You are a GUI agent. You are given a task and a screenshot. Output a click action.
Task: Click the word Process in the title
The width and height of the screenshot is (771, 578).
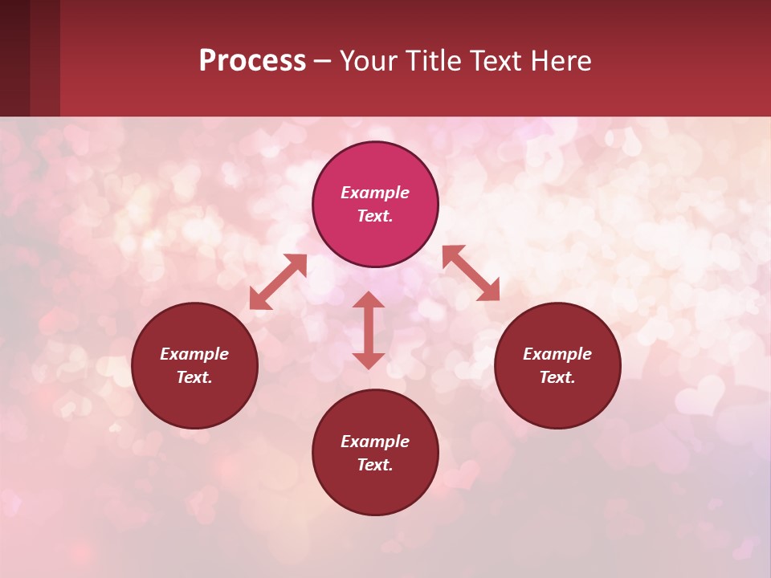click(252, 61)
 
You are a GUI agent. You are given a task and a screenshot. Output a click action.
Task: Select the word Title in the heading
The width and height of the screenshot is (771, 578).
click(436, 61)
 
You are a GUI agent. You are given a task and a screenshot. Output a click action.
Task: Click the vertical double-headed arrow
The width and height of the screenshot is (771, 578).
click(369, 330)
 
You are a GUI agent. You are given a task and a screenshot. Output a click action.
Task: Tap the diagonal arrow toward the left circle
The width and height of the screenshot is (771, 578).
click(278, 282)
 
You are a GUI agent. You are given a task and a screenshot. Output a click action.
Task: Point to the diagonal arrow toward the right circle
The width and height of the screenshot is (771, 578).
click(471, 273)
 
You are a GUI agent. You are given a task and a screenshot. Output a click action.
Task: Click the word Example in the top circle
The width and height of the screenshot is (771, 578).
click(375, 193)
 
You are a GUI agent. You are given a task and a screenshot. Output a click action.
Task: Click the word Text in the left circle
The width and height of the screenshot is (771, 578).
click(194, 377)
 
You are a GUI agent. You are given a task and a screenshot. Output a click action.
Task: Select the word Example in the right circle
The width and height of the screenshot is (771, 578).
click(557, 354)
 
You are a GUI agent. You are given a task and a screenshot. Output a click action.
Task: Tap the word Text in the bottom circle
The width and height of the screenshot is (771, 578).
click(374, 465)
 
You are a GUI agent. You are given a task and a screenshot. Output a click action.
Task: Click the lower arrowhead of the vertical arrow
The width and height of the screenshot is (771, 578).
click(369, 360)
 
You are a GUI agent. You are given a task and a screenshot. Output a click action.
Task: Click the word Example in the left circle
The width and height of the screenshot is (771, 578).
click(194, 354)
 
